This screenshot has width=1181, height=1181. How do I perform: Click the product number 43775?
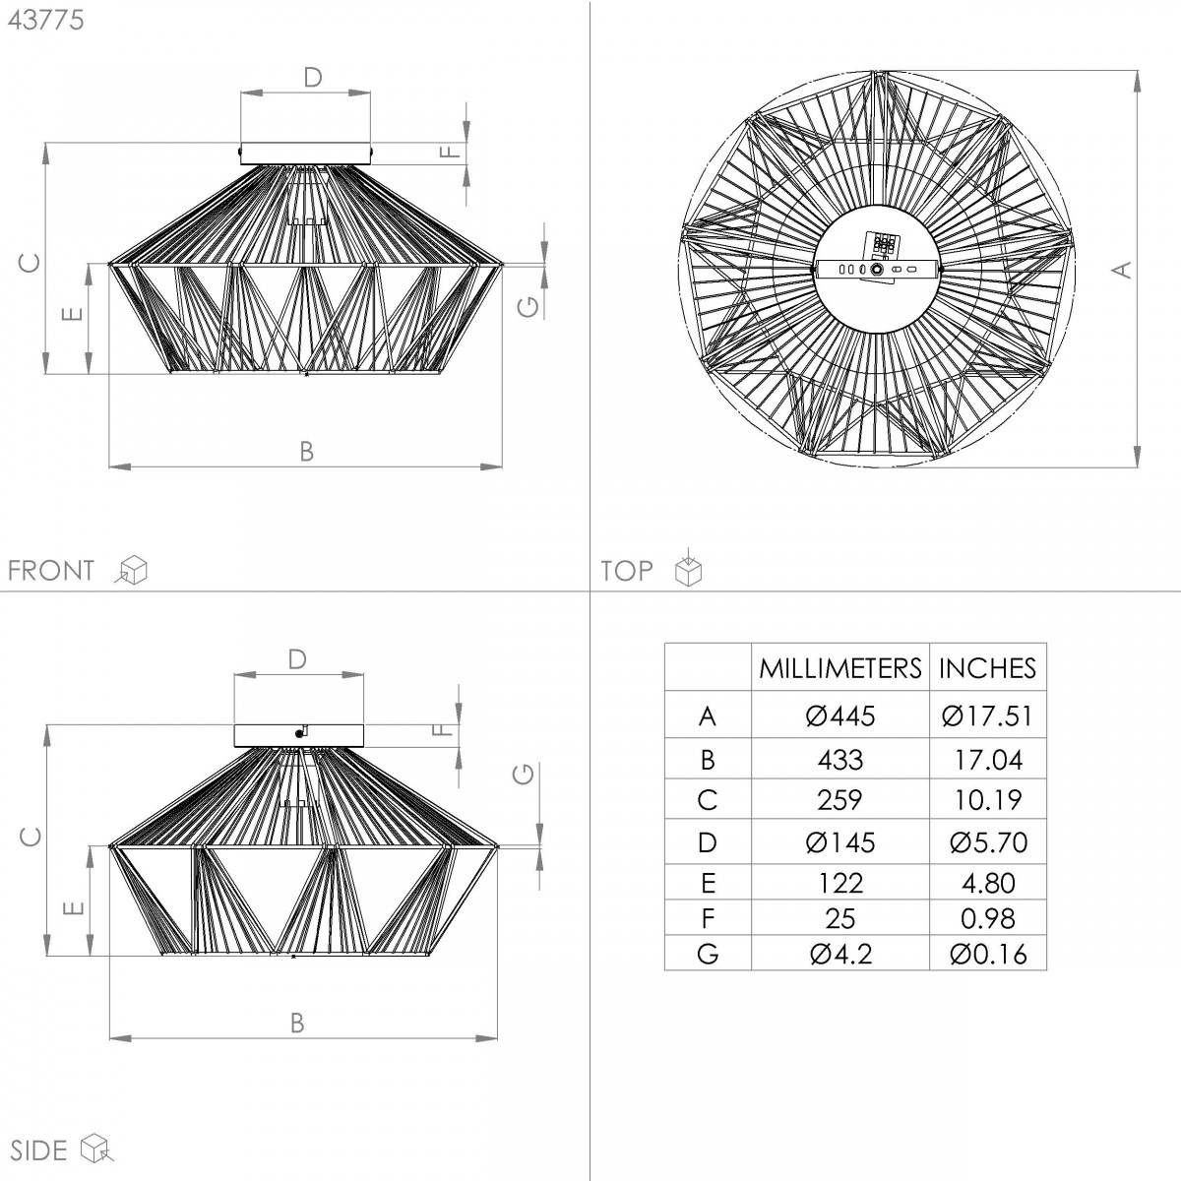point(45,21)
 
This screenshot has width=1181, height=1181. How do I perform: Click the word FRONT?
point(51,571)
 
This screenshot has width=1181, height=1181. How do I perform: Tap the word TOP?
point(627,571)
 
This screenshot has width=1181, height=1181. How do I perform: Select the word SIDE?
point(38,1150)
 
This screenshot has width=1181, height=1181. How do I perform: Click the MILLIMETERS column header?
point(840,667)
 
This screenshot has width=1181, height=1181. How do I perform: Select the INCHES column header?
point(987,667)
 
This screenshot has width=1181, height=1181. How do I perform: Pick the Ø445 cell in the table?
point(840,715)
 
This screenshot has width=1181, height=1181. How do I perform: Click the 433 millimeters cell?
point(840,760)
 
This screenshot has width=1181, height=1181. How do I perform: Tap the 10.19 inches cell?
point(988,800)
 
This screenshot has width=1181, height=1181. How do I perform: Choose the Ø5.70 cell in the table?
point(988,842)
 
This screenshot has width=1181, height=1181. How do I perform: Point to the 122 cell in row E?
point(840,883)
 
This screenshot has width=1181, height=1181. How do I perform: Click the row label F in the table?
point(708,918)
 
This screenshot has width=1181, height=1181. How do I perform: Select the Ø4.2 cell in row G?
point(840,954)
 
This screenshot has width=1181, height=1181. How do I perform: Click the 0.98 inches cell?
point(988,918)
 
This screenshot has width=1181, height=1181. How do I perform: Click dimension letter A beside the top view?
point(1122,270)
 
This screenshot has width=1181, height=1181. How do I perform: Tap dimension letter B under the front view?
point(306,451)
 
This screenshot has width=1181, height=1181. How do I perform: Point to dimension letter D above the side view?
point(297,659)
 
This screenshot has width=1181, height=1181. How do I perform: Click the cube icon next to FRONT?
point(131,570)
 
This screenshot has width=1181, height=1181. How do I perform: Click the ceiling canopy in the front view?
point(305,154)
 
